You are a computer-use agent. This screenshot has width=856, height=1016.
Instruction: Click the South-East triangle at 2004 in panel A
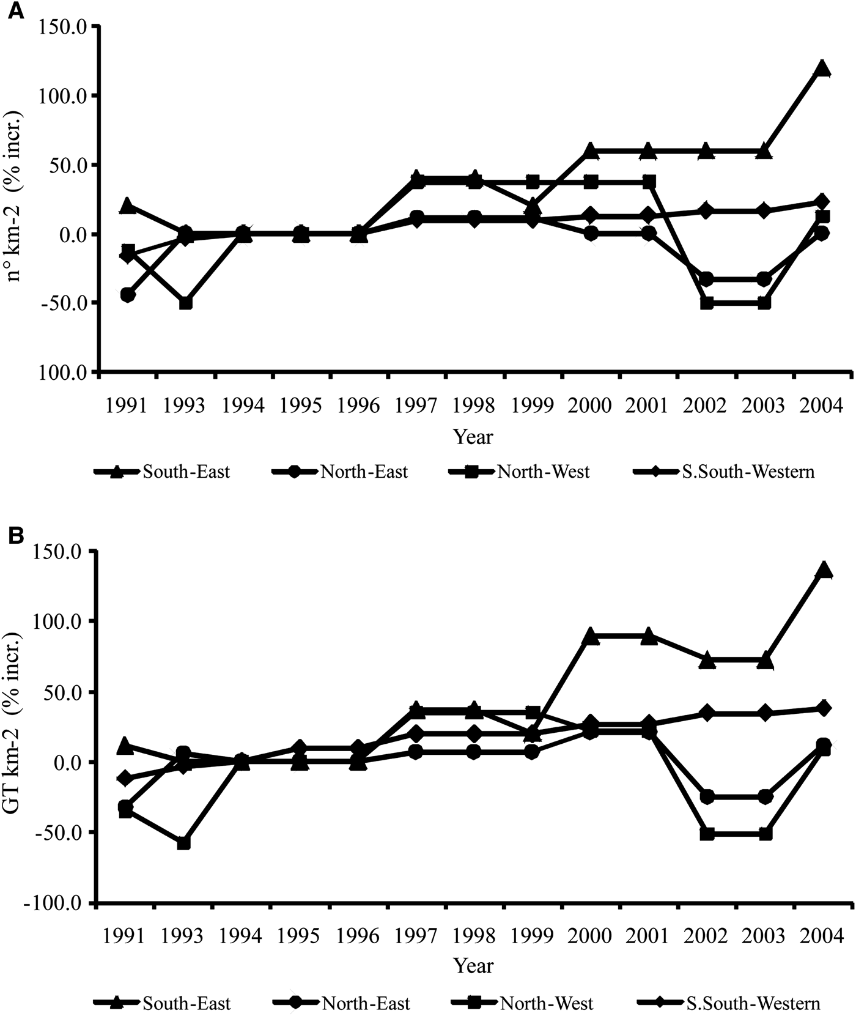(822, 69)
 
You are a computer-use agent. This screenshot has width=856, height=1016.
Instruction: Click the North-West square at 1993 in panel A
(185, 303)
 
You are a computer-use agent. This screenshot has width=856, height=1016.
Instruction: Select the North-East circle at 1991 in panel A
(128, 295)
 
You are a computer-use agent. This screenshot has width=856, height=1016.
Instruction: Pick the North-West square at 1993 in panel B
(183, 844)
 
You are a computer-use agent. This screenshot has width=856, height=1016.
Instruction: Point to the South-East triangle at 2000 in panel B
(590, 636)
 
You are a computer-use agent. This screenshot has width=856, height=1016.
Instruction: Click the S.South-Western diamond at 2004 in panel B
(824, 708)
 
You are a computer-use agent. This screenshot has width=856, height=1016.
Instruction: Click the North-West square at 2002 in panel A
(707, 303)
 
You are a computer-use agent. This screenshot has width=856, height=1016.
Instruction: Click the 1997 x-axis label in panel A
(416, 406)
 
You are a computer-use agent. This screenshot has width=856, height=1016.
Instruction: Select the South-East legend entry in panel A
(186, 472)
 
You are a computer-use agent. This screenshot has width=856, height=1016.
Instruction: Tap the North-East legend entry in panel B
(366, 1003)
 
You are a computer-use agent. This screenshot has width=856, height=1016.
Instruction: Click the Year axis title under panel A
(473, 437)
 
